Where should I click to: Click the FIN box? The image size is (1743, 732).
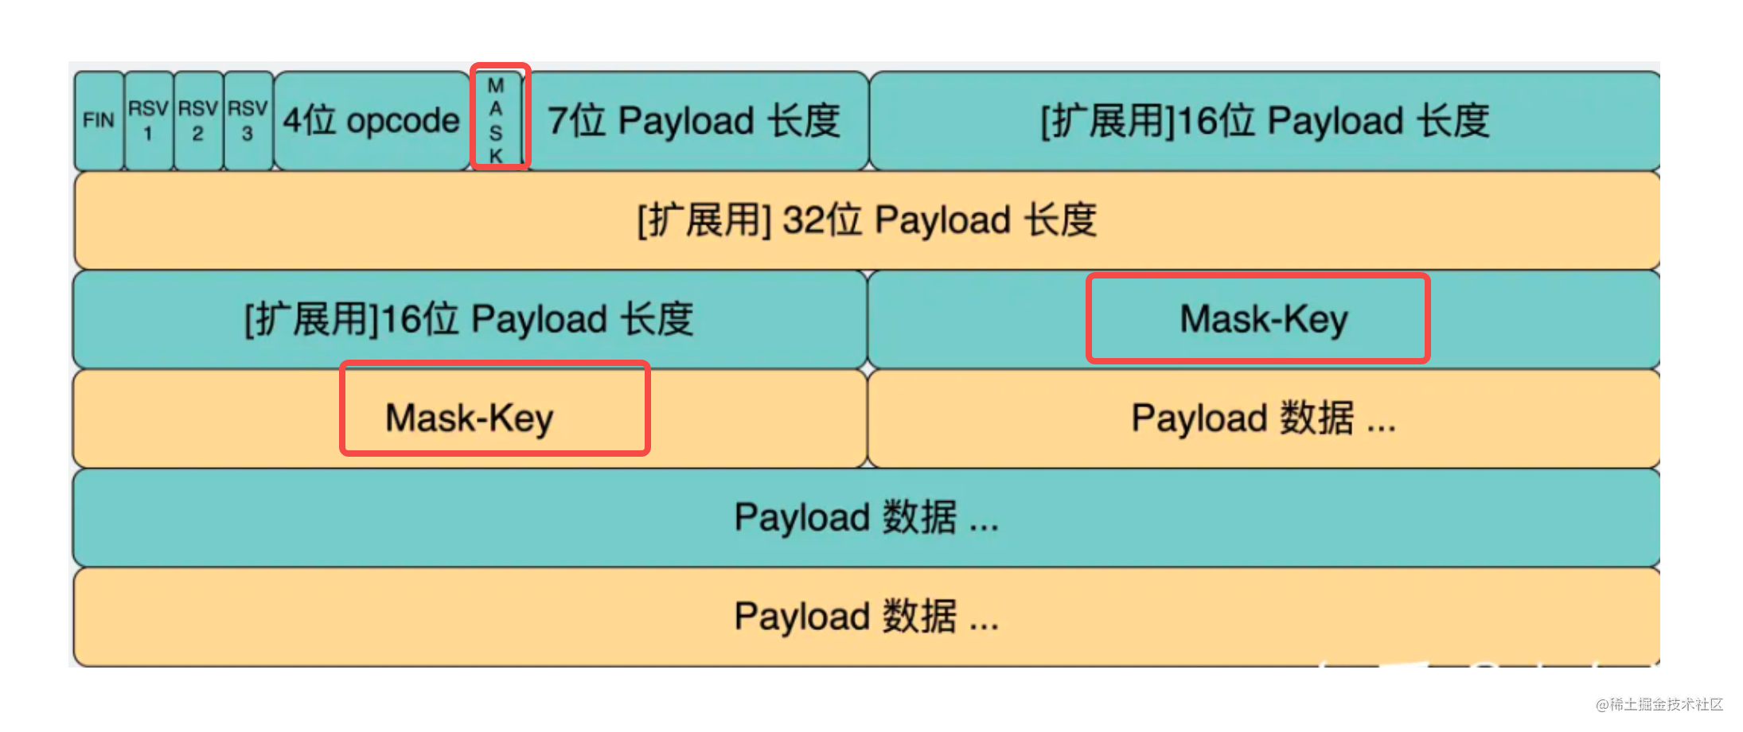99,121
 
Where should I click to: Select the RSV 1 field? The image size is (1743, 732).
149,121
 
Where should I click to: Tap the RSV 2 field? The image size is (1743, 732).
198,121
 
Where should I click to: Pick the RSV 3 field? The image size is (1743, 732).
248,121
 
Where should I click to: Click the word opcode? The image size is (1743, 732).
403,121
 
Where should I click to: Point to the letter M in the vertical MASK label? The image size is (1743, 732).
496,86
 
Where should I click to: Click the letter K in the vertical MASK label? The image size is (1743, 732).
496,155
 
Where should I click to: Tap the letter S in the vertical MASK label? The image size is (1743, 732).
496,132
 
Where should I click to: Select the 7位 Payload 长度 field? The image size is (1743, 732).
694,121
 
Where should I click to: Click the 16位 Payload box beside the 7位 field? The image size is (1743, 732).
1264,121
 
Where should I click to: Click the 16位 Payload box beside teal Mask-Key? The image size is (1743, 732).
470,319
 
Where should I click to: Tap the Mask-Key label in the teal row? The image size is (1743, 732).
1263,319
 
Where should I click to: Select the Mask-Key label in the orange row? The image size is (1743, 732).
470,419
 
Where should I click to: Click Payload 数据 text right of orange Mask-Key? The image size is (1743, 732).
1263,419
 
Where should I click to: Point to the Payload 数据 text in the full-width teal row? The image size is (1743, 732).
866,518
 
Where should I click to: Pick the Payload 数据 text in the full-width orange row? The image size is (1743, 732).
866,617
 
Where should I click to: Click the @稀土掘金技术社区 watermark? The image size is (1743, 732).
1659,705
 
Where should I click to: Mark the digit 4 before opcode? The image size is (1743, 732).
293,121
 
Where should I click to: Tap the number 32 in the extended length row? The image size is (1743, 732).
802,220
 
